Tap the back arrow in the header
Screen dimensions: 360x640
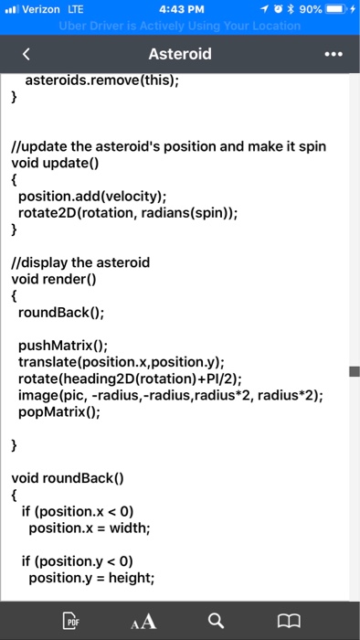tap(26, 54)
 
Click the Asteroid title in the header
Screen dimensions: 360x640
tap(179, 54)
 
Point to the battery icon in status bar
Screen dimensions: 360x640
tap(338, 9)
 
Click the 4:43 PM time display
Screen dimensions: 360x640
tap(179, 9)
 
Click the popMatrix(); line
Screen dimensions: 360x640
tap(59, 411)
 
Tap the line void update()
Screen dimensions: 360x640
tap(53, 164)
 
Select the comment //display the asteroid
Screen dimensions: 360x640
tap(80, 262)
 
